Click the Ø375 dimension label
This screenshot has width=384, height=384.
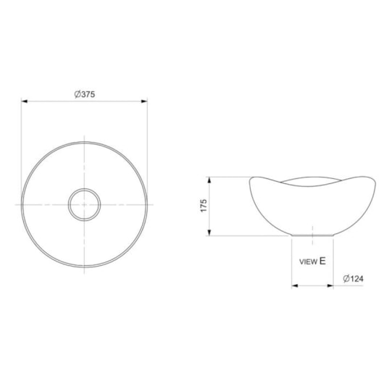pyautogui.click(x=85, y=94)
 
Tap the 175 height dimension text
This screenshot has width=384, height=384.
pyautogui.click(x=204, y=206)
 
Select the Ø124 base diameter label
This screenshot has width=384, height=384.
pyautogui.click(x=353, y=279)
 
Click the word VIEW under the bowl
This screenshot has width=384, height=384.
pyautogui.click(x=308, y=262)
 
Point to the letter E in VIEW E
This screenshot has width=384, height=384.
pyautogui.click(x=322, y=261)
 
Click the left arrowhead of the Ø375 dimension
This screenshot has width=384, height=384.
pyautogui.click(x=24, y=101)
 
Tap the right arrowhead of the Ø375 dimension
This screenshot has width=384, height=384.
pyautogui.click(x=144, y=101)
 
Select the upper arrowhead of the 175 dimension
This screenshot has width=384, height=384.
pyautogui.click(x=209, y=180)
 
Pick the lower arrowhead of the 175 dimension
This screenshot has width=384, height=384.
pyautogui.click(x=209, y=233)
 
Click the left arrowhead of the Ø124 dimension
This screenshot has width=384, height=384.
pyautogui.click(x=295, y=285)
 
